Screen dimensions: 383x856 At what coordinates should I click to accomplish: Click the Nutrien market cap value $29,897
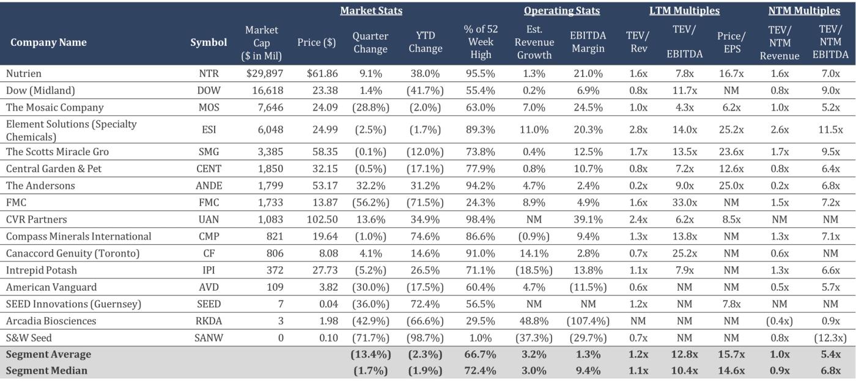coord(261,73)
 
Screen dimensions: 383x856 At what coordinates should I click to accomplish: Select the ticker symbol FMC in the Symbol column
coord(208,202)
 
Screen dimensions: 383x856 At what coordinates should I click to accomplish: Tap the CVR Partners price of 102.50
coord(321,219)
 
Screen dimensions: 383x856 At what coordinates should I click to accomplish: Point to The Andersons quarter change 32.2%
coord(370,185)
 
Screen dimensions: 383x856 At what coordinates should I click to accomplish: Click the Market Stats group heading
coord(371,11)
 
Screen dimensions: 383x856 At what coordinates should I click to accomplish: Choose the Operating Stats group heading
coord(561,11)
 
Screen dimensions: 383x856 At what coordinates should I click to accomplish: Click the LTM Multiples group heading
coord(684,11)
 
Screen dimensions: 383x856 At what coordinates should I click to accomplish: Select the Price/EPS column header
coord(731,42)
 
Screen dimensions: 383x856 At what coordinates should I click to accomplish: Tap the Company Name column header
coord(48,42)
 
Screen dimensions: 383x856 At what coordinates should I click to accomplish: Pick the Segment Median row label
coord(46,371)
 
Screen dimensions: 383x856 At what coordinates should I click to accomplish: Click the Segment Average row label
coord(48,354)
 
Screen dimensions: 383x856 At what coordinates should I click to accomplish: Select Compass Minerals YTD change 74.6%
coord(426,236)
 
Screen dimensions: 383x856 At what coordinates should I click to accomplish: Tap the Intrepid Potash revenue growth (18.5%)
coord(534,270)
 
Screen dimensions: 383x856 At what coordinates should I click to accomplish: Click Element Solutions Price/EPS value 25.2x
coord(731,129)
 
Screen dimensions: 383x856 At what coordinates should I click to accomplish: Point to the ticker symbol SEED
coord(208,304)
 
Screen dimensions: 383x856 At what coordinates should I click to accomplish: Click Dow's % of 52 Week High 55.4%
coord(481,90)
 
